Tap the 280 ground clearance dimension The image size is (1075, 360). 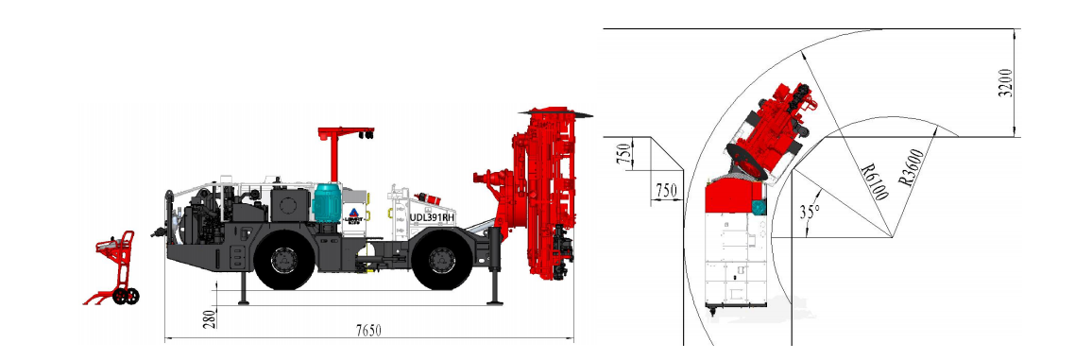pyautogui.click(x=210, y=317)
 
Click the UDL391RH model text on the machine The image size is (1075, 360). pyautogui.click(x=434, y=216)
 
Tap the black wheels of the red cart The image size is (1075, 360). pyautogui.click(x=125, y=297)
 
